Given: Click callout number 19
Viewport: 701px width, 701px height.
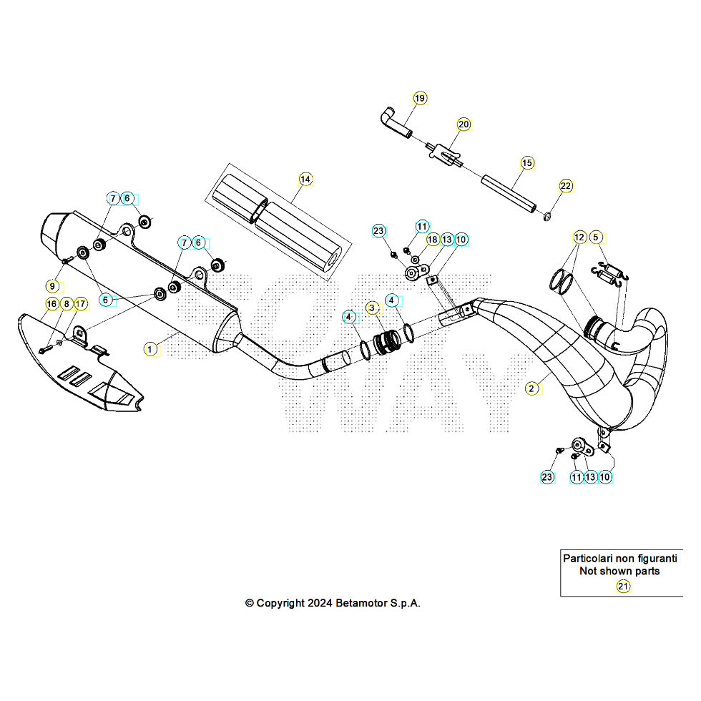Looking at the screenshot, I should point(420,98).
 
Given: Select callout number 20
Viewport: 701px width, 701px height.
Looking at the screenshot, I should point(464,124).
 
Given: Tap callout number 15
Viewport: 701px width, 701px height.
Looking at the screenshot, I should point(527,163).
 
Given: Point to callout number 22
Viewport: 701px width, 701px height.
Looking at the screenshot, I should point(566,186).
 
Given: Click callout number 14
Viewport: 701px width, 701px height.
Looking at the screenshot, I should point(305,179).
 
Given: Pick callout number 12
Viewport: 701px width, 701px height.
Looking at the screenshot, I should point(579,237).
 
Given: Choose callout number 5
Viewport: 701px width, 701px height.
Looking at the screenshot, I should point(597,237).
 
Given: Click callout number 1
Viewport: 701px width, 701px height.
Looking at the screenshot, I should point(150,349).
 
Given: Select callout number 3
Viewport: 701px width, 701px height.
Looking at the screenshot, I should point(372,308).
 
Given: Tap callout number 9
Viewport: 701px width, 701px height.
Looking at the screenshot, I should point(52,285).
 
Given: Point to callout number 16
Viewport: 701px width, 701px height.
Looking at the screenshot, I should point(52,304).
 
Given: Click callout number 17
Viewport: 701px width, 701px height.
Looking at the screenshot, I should point(81,304).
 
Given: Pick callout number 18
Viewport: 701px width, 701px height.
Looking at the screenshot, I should point(433,240).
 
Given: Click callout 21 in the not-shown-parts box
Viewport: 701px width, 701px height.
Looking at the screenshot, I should point(623,587).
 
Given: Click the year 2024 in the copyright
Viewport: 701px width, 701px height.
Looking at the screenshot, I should point(320,603).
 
